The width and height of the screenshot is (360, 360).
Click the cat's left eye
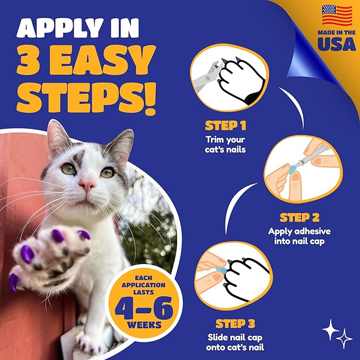click(68, 169)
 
